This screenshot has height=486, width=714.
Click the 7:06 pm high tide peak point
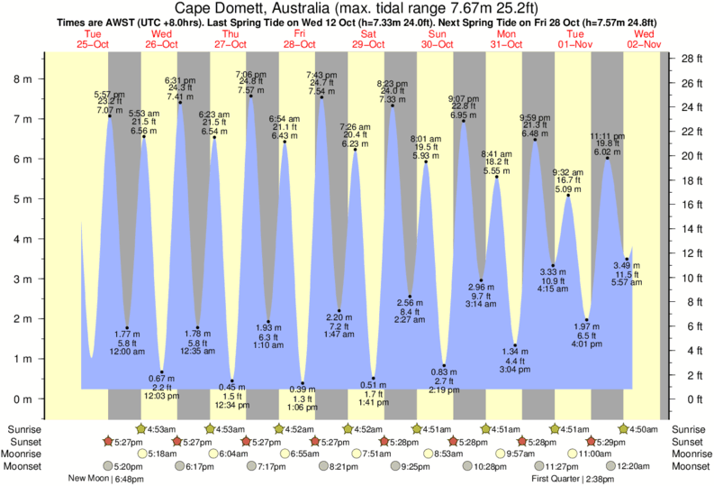[250, 96]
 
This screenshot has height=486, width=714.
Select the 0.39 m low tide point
[303, 383]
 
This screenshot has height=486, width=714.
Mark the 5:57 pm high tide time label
[109, 94]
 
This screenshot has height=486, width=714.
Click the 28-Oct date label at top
[300, 44]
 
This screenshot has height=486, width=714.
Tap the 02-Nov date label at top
[646, 44]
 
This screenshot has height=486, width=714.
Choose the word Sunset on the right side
[689, 442]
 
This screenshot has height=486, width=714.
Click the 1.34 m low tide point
[514, 345]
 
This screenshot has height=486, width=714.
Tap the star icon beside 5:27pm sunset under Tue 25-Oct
[108, 442]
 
